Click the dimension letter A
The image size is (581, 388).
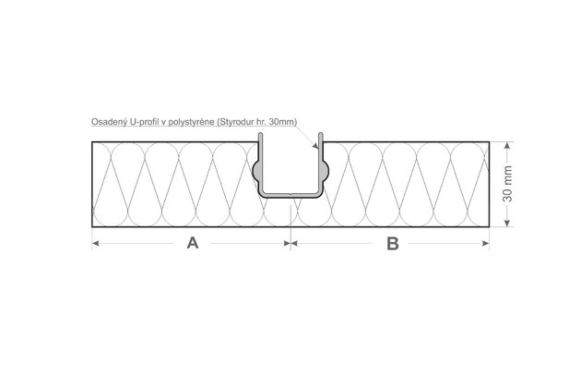(x=193, y=244)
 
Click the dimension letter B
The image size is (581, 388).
(x=392, y=244)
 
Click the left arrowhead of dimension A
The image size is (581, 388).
(x=95, y=244)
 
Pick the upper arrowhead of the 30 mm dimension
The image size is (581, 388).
(x=507, y=145)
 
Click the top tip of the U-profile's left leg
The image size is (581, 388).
(x=261, y=137)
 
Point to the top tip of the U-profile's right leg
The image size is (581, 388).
(x=319, y=137)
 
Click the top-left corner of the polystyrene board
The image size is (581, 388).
(x=91, y=142)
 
